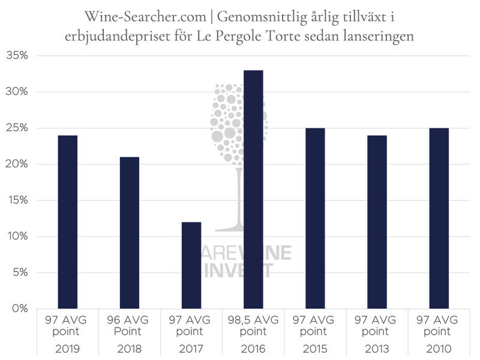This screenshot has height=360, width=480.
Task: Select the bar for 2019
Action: coord(67,222)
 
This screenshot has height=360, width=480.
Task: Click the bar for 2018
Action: coord(129,233)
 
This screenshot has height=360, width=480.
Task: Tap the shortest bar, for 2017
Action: coord(191,265)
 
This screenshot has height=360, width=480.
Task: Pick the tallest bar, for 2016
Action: coord(253,190)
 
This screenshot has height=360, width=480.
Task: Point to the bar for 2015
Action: coord(314,218)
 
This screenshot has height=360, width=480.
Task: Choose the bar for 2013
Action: coord(376,222)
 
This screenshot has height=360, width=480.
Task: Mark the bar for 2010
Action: coord(439,218)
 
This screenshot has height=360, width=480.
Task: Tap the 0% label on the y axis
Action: coord(19,309)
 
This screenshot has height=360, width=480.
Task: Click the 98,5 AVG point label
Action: coord(253,325)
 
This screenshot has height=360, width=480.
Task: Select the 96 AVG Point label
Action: coord(129,325)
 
